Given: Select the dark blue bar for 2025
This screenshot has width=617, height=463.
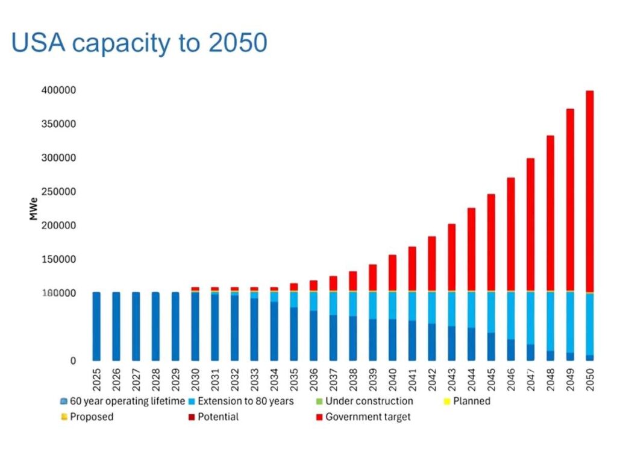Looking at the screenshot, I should pos(96,326).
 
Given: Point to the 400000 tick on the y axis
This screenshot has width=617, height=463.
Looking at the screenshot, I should pos(58,90).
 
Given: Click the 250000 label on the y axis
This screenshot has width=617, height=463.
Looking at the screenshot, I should pos(58,192).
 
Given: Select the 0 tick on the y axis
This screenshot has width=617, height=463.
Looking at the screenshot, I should pos(72,361).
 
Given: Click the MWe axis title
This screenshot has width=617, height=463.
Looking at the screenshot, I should pos(34,208).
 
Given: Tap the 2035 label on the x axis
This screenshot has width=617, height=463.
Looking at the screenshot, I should pos(294,379).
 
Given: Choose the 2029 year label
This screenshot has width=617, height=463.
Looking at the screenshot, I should pos(175,379).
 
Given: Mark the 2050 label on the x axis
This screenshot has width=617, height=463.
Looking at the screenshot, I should pos(590,379).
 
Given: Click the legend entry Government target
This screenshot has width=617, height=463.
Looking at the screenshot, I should pos(368,417).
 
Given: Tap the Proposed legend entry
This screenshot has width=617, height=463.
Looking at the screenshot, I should pos(91,417).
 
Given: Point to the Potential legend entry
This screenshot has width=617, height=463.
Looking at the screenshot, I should pos(218,417).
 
